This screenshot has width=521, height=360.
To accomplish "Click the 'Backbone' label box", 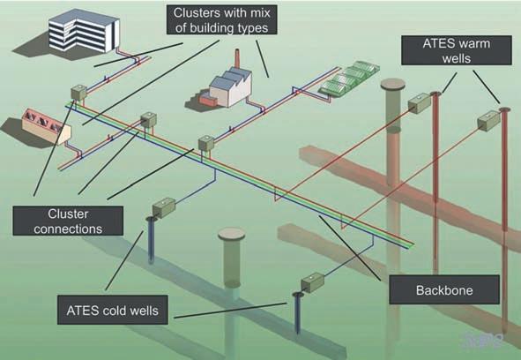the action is [x=444, y=289].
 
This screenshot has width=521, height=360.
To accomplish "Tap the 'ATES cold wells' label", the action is [x=112, y=310].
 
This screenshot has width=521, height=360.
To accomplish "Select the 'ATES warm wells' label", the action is [x=457, y=50].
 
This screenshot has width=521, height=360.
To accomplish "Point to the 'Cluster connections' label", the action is [x=68, y=221].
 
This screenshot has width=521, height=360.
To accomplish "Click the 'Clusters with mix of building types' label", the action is [x=221, y=19].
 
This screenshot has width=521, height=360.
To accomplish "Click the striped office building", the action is [x=84, y=31].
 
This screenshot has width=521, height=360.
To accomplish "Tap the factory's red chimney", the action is [x=237, y=60].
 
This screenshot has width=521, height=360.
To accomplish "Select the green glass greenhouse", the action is [x=349, y=78].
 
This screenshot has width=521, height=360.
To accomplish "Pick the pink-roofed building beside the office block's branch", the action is [x=46, y=126].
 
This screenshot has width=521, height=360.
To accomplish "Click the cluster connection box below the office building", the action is [x=78, y=93].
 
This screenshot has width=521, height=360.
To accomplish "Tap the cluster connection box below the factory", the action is [x=206, y=143].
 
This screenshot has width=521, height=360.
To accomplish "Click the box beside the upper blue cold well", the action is [x=164, y=208].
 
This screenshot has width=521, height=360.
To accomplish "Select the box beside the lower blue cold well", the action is [x=312, y=282].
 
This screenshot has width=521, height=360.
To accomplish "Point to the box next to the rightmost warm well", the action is [x=488, y=121].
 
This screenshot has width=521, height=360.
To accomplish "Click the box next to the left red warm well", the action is [x=420, y=103].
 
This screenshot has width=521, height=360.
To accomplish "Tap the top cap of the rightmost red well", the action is [x=504, y=109].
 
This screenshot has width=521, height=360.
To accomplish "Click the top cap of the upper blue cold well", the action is [x=152, y=219].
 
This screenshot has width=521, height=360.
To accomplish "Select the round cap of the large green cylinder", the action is [x=232, y=234].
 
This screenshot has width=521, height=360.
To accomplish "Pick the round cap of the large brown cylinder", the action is [x=393, y=84].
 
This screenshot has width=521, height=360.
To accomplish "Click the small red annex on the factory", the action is [x=208, y=99].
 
